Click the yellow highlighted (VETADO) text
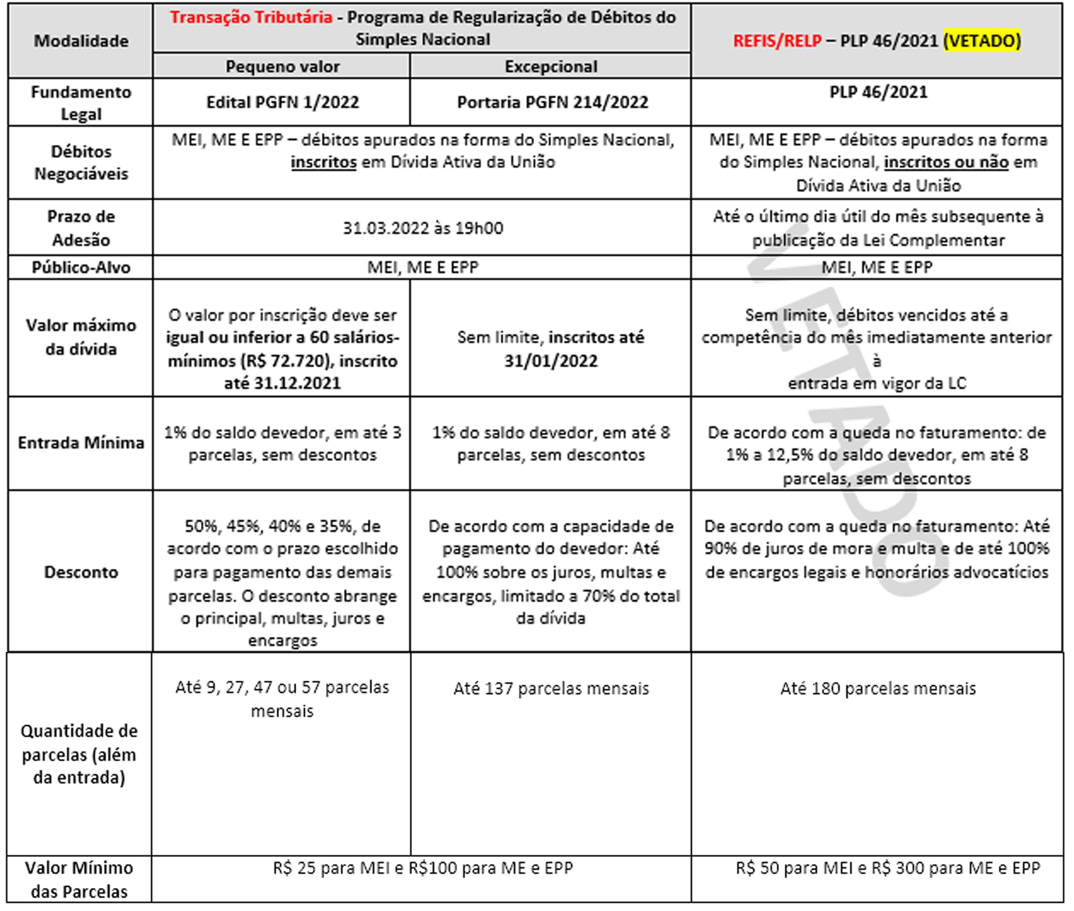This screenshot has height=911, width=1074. (981, 41)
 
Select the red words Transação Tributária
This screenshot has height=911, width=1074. (251, 17)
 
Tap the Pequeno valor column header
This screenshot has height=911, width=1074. (282, 67)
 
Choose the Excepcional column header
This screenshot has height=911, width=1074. (551, 67)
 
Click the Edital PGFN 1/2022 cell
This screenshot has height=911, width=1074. (282, 102)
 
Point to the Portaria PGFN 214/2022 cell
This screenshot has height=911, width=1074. (552, 102)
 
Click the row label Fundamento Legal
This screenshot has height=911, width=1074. (81, 103)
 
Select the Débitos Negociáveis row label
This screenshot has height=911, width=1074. (81, 163)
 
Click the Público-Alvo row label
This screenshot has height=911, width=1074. (81, 267)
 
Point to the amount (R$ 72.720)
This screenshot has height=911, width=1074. (286, 361)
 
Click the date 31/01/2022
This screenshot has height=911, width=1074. (551, 361)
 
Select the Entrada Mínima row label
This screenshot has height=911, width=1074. (81, 443)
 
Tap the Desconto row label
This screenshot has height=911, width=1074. (81, 572)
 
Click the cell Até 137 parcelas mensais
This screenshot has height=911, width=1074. (551, 688)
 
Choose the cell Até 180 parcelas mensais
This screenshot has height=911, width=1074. (878, 688)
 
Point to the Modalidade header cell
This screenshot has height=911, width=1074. (81, 41)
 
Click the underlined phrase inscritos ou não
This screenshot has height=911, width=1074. (946, 163)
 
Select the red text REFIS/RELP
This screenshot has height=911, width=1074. (777, 41)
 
